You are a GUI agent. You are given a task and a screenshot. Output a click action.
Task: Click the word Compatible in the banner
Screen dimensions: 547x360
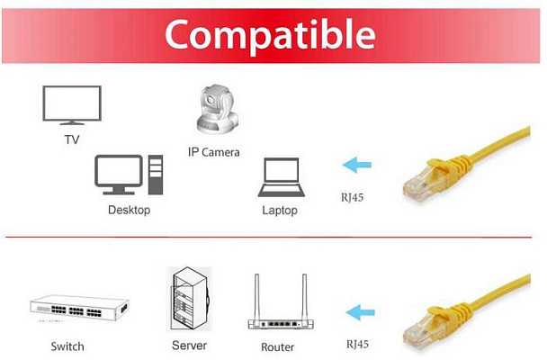click(270, 35)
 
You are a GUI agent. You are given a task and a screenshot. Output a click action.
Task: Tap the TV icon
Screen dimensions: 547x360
click(72, 105)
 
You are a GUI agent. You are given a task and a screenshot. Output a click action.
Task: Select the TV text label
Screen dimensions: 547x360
click(72, 139)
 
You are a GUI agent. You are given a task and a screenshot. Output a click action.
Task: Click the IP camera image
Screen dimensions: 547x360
click(218, 109)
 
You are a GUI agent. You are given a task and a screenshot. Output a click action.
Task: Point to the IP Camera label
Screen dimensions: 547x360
click(214, 152)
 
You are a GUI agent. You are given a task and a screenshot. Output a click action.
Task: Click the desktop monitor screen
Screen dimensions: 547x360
click(119, 172)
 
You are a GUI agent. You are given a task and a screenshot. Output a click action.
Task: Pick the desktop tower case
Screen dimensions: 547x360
click(156, 175)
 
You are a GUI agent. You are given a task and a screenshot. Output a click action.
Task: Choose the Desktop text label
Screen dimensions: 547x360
click(129, 210)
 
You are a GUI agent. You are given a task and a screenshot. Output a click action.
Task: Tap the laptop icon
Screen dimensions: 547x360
click(282, 177)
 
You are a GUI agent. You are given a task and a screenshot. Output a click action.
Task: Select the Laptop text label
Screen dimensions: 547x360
click(280, 211)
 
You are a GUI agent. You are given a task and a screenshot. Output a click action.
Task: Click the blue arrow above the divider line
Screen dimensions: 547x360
click(357, 165)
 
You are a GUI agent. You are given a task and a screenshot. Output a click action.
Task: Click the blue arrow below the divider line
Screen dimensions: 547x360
click(361, 312)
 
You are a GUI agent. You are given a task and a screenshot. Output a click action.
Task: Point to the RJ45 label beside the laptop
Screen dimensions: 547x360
click(352, 197)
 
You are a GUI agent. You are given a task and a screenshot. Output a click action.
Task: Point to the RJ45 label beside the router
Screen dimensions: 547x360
click(357, 345)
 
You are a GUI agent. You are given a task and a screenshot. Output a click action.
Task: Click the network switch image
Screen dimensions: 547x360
click(79, 309)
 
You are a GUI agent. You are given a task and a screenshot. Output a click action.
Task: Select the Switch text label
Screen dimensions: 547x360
click(67, 346)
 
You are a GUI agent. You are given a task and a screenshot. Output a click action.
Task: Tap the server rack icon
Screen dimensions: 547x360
click(190, 299)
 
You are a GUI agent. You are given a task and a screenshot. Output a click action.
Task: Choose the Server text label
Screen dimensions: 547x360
click(190, 346)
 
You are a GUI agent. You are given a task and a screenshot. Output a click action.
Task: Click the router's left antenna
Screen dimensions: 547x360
click(256, 297)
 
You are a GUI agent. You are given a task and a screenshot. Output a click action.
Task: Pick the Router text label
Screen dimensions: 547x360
click(278, 347)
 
